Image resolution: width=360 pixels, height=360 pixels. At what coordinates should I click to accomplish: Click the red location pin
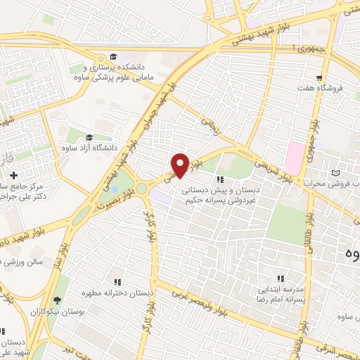180,165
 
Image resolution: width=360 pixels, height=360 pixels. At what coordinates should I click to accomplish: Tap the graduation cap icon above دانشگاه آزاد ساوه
89,137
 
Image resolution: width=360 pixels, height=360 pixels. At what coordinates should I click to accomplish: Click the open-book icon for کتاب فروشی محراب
335,172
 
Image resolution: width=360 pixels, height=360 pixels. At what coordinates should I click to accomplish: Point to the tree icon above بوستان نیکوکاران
57,300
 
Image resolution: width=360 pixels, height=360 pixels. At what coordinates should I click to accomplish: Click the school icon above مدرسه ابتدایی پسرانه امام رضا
281,278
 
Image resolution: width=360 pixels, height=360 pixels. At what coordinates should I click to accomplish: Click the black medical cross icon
13,174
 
